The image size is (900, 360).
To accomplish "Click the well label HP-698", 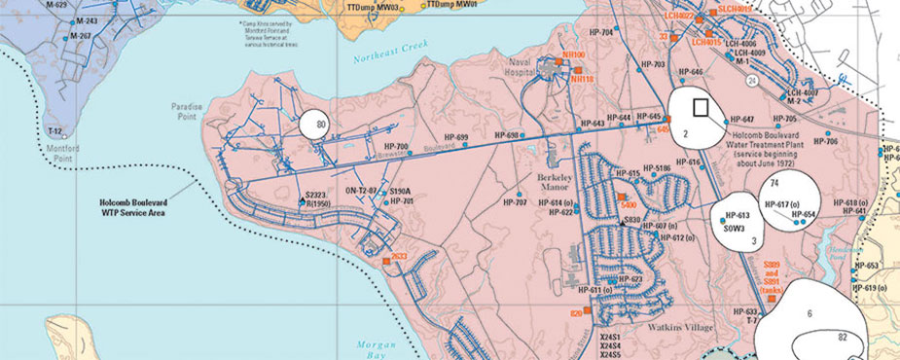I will (506, 135).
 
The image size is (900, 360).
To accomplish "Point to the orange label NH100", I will (573, 55).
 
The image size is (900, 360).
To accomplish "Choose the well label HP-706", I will (825, 141).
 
